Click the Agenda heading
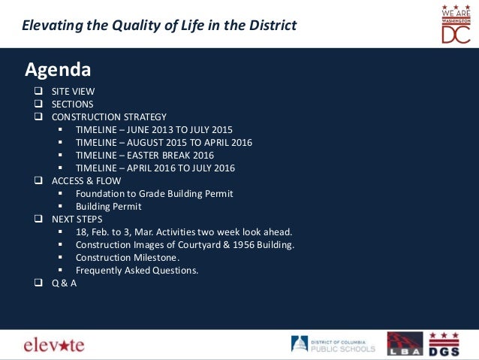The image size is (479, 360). click(x=58, y=70)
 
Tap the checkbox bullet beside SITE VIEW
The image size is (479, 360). click(x=38, y=92)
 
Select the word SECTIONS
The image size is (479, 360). click(x=73, y=104)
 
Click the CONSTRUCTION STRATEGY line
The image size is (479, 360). click(x=109, y=117)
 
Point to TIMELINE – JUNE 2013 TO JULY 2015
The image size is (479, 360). click(x=154, y=130)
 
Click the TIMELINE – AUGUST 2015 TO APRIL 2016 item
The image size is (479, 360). click(x=164, y=143)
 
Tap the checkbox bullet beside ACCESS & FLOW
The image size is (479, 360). click(x=38, y=181)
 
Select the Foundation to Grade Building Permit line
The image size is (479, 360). click(x=154, y=194)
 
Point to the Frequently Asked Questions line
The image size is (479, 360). click(x=137, y=271)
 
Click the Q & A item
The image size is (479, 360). click(x=64, y=283)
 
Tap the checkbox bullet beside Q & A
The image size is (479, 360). click(x=38, y=283)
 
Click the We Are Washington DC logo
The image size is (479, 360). click(x=455, y=23)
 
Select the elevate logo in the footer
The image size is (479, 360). click(x=54, y=345)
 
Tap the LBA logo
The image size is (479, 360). click(x=405, y=343)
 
